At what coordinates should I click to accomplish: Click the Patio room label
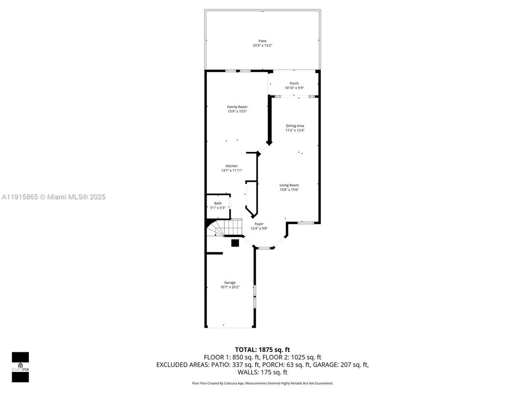coord(262,41)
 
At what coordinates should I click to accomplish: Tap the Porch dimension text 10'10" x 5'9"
coord(294,88)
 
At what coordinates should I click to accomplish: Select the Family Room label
coord(237,107)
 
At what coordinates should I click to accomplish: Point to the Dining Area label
coord(295,126)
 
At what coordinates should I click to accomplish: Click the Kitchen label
coord(232,166)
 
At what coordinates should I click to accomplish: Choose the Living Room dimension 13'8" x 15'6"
coord(289,190)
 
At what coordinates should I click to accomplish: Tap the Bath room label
coord(217,203)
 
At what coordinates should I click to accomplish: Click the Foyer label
coord(259,224)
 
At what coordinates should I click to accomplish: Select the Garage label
coord(230,283)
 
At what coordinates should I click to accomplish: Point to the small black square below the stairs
coord(235,243)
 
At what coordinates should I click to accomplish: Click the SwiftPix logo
coord(20,367)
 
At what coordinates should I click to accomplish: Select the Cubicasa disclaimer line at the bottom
coord(262,383)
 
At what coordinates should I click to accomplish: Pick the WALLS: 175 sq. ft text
coord(262,372)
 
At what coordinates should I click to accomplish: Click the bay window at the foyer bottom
coord(264,248)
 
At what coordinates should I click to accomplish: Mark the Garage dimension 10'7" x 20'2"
coord(230,287)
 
